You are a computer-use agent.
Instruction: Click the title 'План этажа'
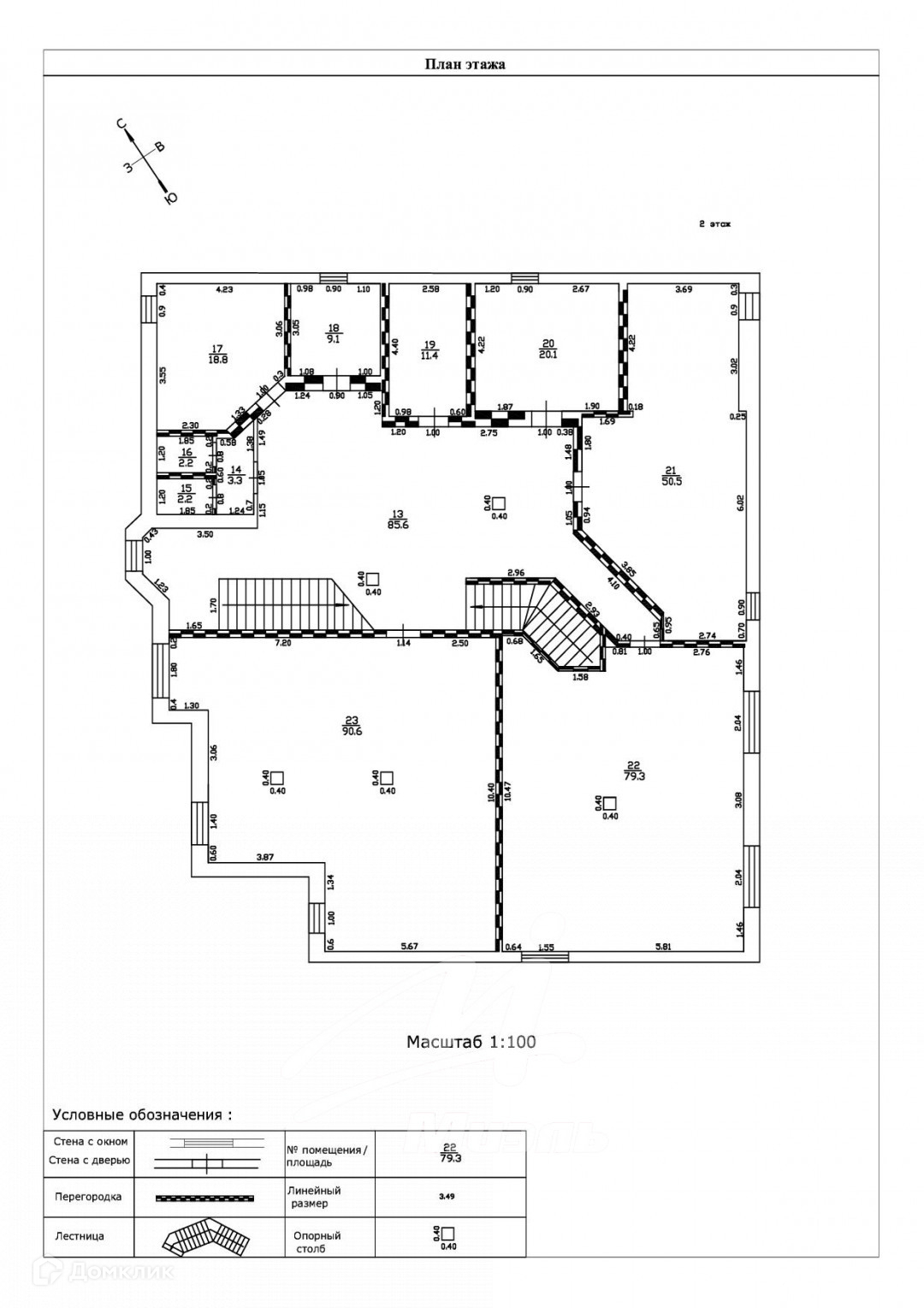pyautogui.click(x=465, y=64)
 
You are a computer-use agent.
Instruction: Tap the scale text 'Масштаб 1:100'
pyautogui.click(x=471, y=1042)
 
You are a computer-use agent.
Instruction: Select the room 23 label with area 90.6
pyautogui.click(x=352, y=725)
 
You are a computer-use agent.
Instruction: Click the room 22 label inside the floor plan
pyautogui.click(x=634, y=770)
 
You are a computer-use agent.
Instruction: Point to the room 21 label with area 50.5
pyautogui.click(x=670, y=475)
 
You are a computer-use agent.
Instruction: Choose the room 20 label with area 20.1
pyautogui.click(x=548, y=349)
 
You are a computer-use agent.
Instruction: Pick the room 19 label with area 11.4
pyautogui.click(x=429, y=349)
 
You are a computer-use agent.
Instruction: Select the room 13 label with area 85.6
pyautogui.click(x=398, y=520)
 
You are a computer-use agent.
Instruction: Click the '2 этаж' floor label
pyautogui.click(x=714, y=224)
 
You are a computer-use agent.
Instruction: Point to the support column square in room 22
pyautogui.click(x=609, y=803)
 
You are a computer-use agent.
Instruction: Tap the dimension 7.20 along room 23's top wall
pyautogui.click(x=281, y=641)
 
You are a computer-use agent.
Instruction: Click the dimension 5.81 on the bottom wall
pyautogui.click(x=663, y=946)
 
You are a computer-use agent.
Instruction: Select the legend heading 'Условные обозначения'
pyautogui.click(x=142, y=1115)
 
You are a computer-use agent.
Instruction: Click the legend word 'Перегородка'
pyautogui.click(x=88, y=1197)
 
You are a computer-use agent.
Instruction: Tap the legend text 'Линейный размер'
pyautogui.click(x=313, y=1197)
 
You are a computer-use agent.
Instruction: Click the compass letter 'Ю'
pyautogui.click(x=170, y=199)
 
